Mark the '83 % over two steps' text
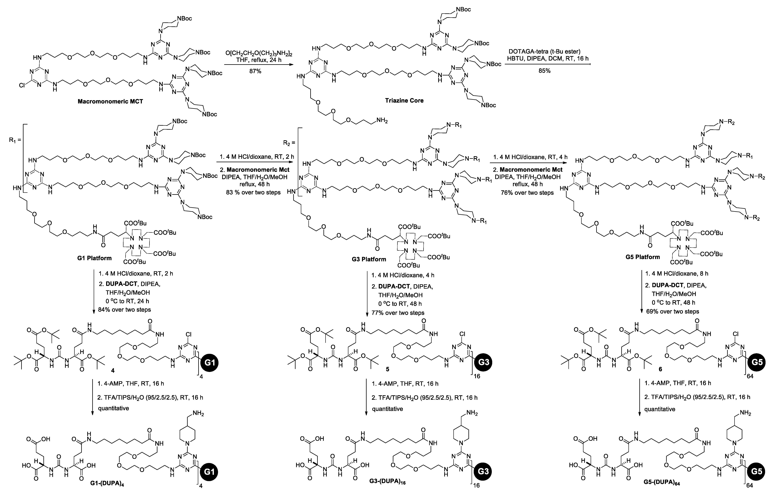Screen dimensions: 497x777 (x=253, y=193)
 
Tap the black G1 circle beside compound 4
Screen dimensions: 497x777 (x=210, y=363)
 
